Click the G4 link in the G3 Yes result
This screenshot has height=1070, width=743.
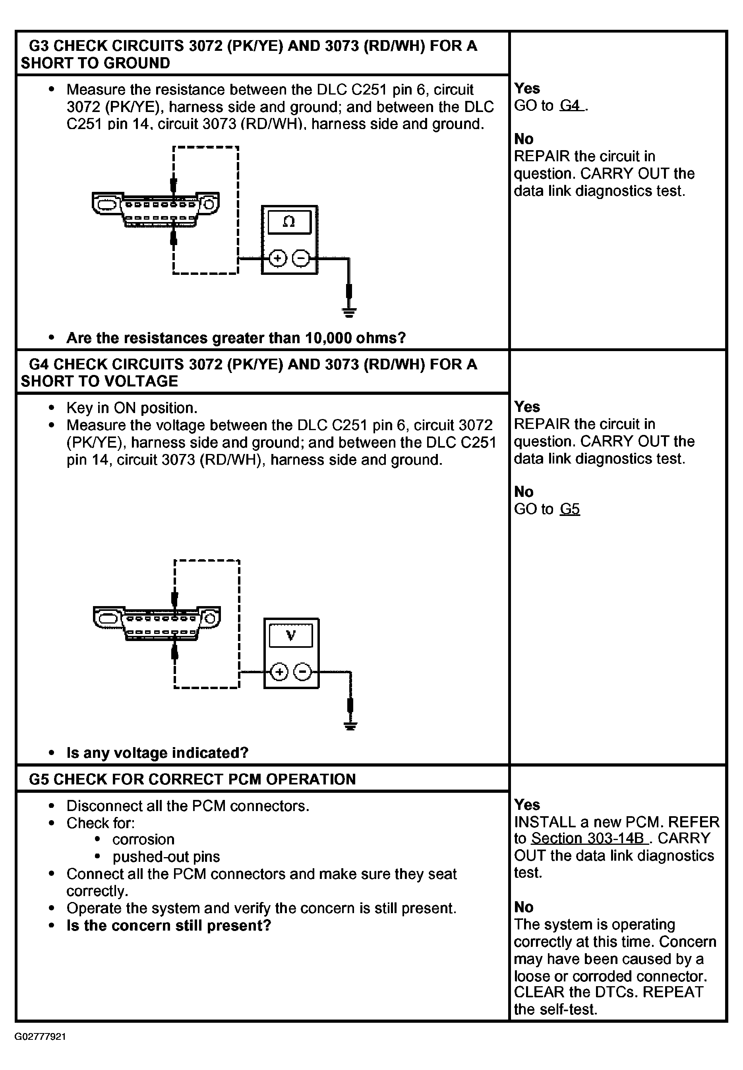(570, 105)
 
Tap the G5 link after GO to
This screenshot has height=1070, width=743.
(570, 509)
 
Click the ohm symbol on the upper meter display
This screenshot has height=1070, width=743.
(288, 222)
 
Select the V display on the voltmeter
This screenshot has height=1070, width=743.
(291, 635)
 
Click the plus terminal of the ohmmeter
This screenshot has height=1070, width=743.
(278, 258)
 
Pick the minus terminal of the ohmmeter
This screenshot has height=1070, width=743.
(301, 258)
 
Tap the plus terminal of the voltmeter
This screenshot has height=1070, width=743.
(279, 672)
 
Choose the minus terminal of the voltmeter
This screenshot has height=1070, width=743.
(303, 672)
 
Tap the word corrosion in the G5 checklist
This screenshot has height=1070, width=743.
(143, 839)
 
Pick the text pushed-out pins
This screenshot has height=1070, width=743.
(166, 856)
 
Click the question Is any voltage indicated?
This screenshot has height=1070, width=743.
(157, 753)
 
